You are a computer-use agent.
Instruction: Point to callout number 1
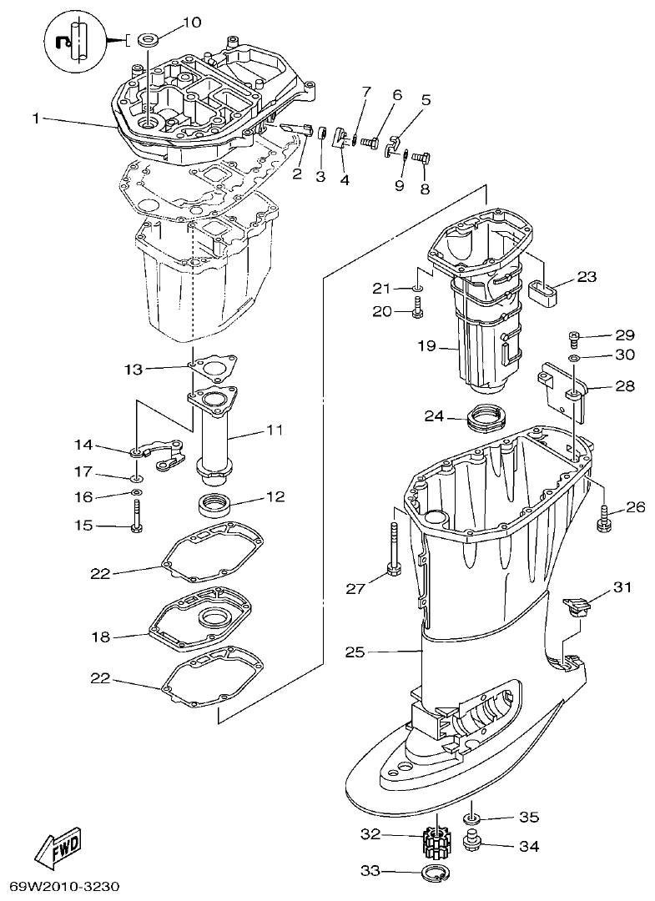point(37,119)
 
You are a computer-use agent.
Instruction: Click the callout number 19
point(426,345)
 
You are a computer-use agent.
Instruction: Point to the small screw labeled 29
point(575,336)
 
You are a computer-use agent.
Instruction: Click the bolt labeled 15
point(137,526)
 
